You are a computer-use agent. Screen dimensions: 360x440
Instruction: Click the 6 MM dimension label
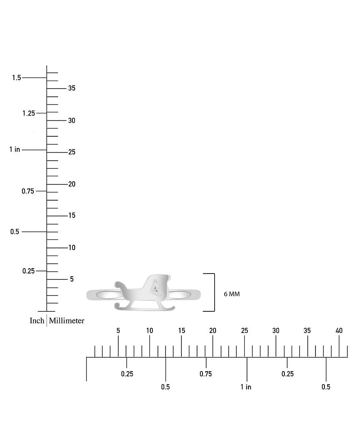[232, 294]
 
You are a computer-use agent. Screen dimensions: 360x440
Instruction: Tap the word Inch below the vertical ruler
[37, 320]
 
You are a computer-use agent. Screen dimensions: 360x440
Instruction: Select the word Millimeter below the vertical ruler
[67, 320]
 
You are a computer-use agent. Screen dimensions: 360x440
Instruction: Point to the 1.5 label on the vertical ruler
[17, 77]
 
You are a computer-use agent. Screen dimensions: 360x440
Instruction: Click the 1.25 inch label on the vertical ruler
[29, 113]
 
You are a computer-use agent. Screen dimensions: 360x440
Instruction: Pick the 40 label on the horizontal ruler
[339, 331]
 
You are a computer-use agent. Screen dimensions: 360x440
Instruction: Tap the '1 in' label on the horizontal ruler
[246, 387]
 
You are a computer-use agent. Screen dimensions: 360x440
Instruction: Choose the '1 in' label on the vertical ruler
[14, 149]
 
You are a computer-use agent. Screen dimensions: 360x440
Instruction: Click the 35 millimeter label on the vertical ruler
[72, 88]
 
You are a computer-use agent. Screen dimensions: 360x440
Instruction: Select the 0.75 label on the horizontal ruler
[206, 374]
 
